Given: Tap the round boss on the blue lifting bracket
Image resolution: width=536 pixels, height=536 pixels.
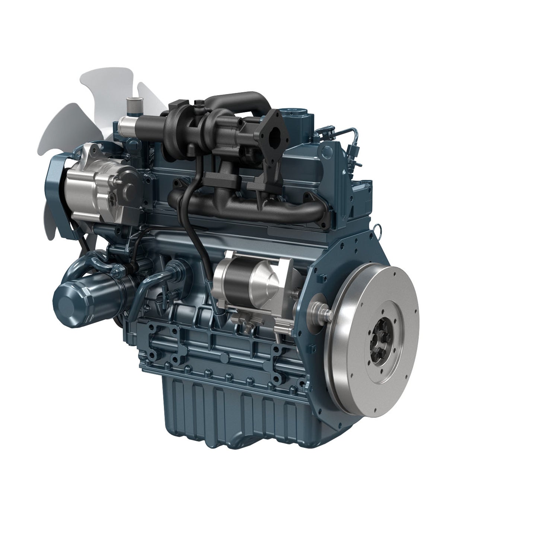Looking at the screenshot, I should point(326,151).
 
